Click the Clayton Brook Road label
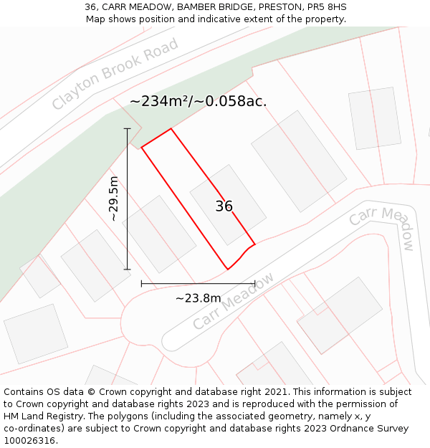coord(115,75)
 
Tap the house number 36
coord(224,206)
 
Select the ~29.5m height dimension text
coord(114,199)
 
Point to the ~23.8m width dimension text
coord(199,298)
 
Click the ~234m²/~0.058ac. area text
coord(198,101)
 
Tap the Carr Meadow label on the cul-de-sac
coord(233,301)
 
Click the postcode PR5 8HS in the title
coord(327,7)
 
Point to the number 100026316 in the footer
coord(29,440)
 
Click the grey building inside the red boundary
coord(228,204)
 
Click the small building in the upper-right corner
coord(374,118)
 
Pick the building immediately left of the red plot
coord(159,234)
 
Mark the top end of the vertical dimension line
coord(128,128)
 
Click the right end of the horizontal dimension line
coord(255,284)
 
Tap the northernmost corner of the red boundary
coord(171,129)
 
